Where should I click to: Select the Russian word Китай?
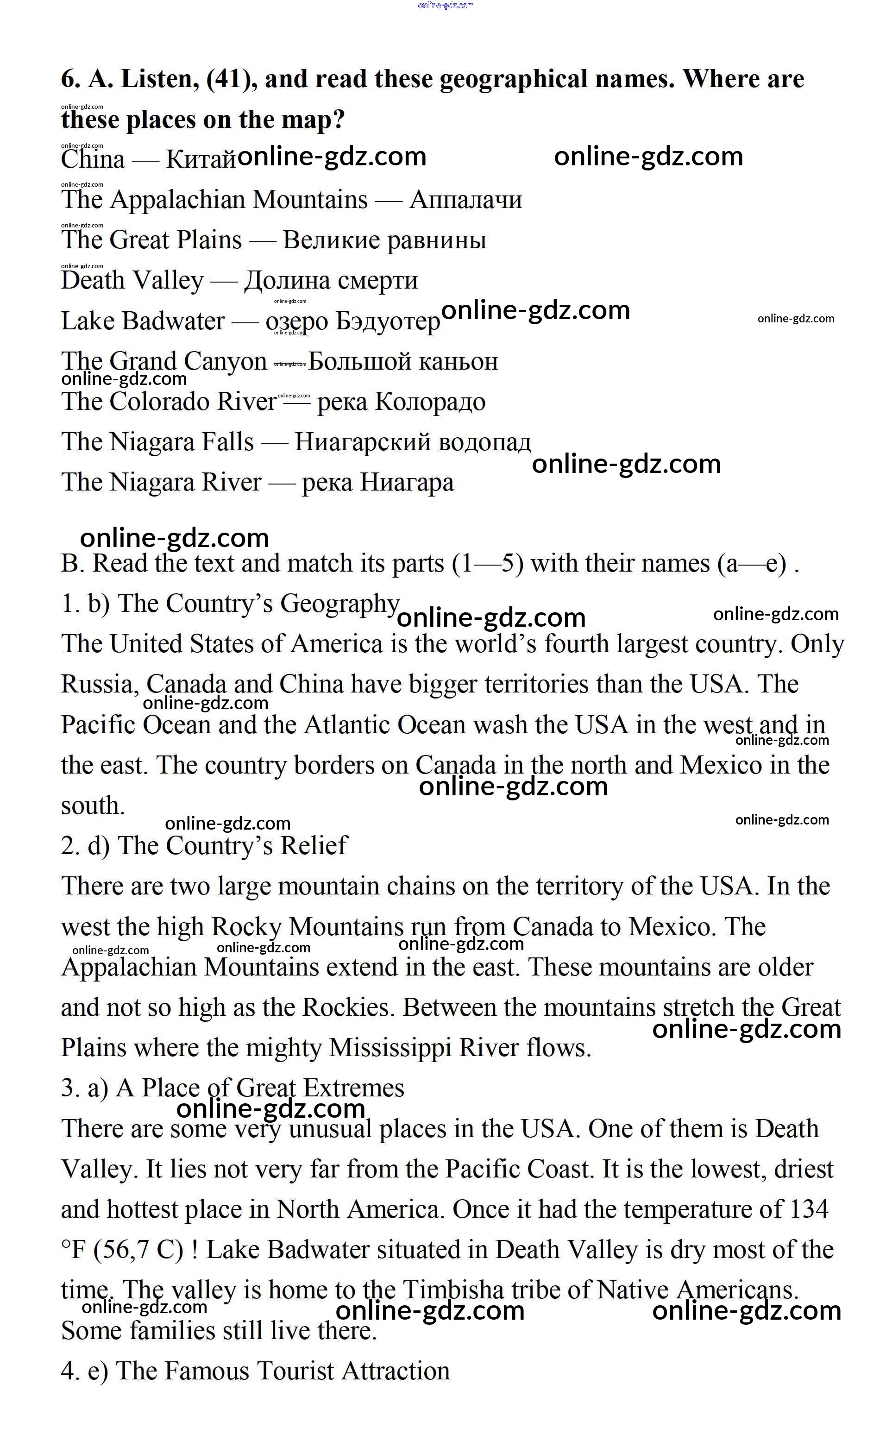[201, 159]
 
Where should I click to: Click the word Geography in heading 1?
[340, 604]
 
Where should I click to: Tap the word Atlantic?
[347, 725]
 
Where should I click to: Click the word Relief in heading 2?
[313, 845]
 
